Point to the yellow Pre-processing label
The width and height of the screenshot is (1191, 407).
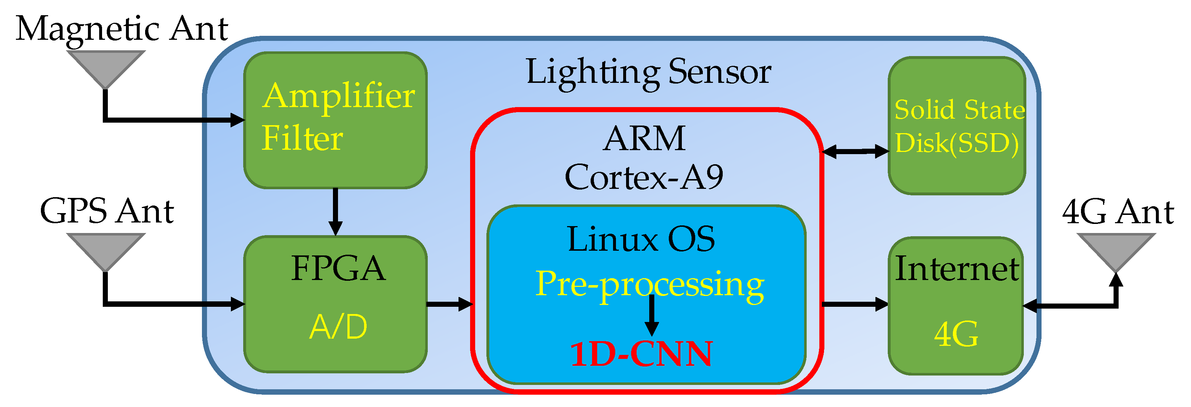(649, 284)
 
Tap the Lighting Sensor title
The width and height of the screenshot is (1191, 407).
(648, 72)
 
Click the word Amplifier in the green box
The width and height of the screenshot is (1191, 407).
(338, 96)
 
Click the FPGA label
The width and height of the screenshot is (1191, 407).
(338, 268)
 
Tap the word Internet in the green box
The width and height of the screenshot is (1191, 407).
(956, 268)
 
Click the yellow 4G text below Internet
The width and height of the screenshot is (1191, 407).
(956, 335)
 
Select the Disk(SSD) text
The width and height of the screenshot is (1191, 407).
(956, 143)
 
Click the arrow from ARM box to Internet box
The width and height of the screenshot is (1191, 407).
(855, 304)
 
